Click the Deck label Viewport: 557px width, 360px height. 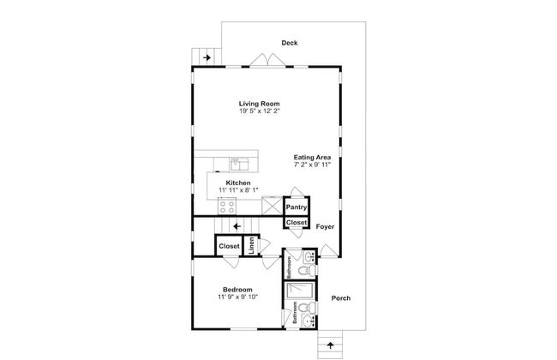(x=290, y=43)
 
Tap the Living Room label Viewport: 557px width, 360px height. (x=259, y=104)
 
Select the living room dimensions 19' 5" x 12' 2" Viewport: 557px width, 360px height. (x=260, y=111)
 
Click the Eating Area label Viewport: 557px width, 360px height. (x=312, y=157)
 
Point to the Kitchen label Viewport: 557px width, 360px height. (x=238, y=183)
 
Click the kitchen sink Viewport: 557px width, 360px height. (x=240, y=165)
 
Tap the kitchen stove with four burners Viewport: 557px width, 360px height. (x=227, y=207)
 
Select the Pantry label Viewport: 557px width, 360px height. (x=296, y=207)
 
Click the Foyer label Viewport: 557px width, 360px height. (x=325, y=226)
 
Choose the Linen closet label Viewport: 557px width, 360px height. (x=251, y=245)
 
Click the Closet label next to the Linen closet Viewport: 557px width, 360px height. (x=229, y=246)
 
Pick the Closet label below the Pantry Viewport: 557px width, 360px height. (x=296, y=223)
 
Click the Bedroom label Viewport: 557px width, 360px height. (x=237, y=290)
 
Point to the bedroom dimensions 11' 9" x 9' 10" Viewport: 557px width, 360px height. (x=237, y=297)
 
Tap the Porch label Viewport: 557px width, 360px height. (x=341, y=298)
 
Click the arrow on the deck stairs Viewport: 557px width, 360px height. (x=207, y=57)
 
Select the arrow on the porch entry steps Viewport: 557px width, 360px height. (x=331, y=345)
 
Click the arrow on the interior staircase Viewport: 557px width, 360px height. (x=237, y=226)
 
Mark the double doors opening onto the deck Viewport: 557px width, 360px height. (x=267, y=60)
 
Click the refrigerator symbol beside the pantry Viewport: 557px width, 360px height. (x=273, y=206)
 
